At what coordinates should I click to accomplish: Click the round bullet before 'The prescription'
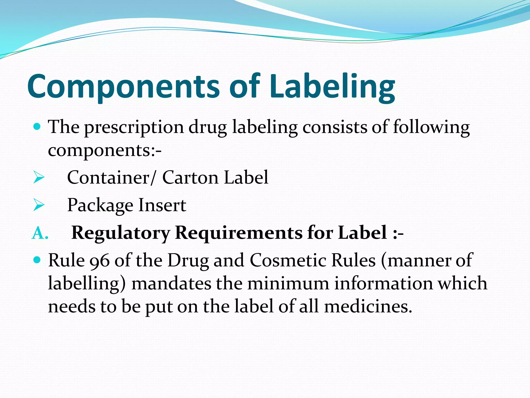pos(37,127)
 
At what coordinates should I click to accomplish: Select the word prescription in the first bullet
pos(134,128)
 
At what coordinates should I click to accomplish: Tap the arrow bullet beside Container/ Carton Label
pos(39,178)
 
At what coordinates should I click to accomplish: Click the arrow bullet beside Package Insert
pos(39,205)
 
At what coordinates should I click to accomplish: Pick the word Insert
pos(162,205)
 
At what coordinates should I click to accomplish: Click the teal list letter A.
pos(40,233)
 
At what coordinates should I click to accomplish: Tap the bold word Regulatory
pos(121,233)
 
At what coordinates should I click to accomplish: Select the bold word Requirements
pos(239,233)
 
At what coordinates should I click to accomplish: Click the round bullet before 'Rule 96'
pos(37,260)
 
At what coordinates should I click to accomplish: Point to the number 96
pos(100,261)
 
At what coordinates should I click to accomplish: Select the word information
pos(383,283)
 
